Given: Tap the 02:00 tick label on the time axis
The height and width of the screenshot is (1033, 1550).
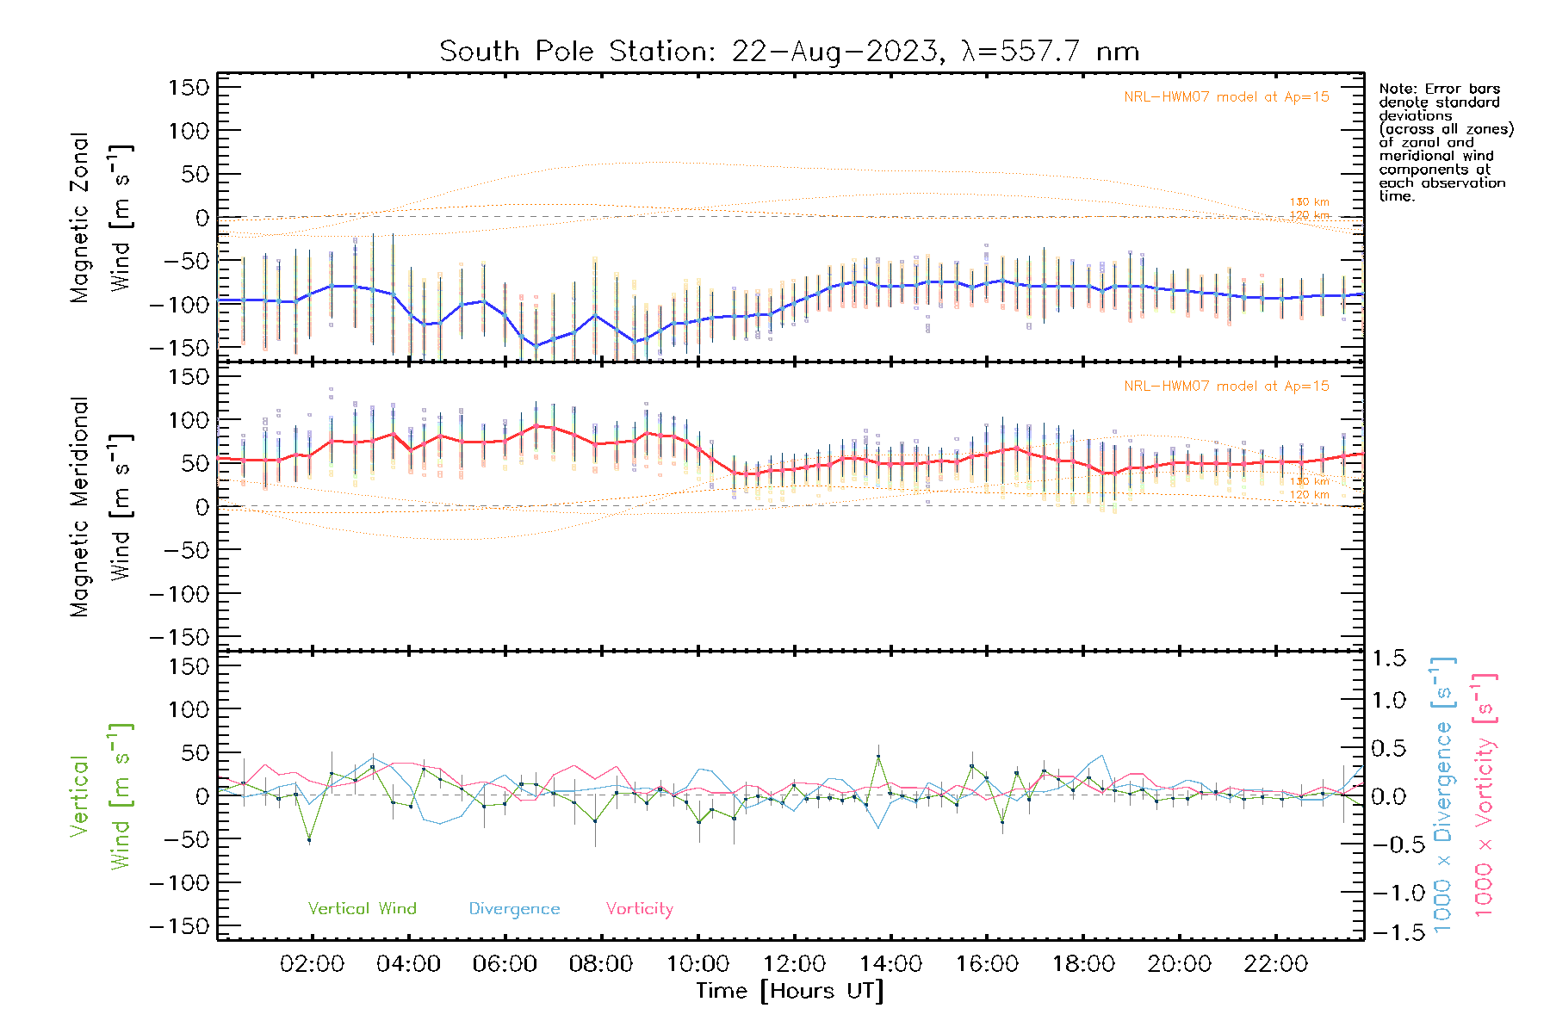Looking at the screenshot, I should click(312, 964).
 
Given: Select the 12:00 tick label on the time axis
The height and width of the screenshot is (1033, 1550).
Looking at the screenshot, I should click(794, 964).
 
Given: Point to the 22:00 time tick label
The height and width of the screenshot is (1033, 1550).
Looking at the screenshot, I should click(1275, 964).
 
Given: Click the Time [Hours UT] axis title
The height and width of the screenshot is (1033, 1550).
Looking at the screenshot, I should click(790, 991).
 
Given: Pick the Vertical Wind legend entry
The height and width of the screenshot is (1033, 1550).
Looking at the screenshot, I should click(362, 908).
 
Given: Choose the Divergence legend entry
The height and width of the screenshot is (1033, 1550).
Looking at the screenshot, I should click(514, 909).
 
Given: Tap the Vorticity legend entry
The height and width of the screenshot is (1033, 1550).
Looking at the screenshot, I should click(639, 908).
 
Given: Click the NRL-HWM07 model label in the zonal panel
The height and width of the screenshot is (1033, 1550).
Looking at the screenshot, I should click(1226, 97).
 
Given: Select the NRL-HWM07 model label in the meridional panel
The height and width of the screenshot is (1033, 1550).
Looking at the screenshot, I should click(1226, 387).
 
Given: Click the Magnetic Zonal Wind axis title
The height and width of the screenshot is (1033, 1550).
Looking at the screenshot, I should click(102, 218).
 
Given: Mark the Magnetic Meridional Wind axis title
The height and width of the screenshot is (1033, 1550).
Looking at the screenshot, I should click(102, 507).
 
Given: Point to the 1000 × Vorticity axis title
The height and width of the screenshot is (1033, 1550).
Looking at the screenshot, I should click(1485, 795).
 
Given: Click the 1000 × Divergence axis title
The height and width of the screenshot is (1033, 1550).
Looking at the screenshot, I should click(1443, 795).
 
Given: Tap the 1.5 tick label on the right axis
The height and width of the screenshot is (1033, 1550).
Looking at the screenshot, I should click(1389, 659).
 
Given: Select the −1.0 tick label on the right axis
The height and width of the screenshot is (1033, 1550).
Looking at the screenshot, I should click(1389, 893).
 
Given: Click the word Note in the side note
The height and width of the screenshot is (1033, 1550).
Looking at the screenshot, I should click(1396, 90).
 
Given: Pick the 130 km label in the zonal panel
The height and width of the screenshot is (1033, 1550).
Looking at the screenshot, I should click(1309, 202).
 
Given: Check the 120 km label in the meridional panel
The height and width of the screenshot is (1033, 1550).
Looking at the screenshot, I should click(1309, 495).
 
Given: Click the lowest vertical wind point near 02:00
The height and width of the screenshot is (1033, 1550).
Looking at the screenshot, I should click(309, 839).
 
